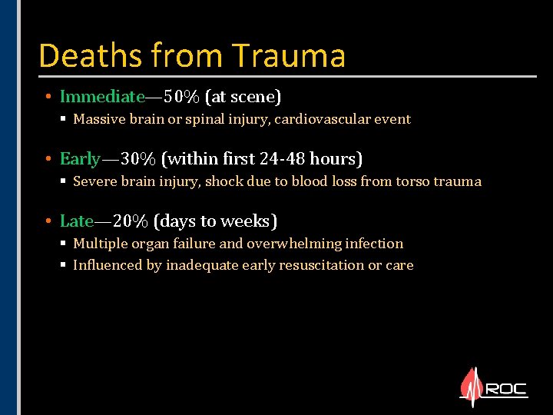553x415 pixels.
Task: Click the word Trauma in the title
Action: click(x=288, y=55)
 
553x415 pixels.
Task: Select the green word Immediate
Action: click(x=102, y=97)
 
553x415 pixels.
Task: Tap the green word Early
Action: click(x=80, y=159)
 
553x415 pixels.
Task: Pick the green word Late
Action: click(x=77, y=221)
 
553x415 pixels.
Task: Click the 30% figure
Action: click(x=139, y=159)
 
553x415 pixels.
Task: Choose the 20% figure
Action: click(x=131, y=221)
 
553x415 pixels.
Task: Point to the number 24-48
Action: click(x=285, y=159)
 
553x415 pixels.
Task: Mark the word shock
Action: click(x=231, y=181)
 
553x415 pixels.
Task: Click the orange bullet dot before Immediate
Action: click(x=48, y=97)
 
